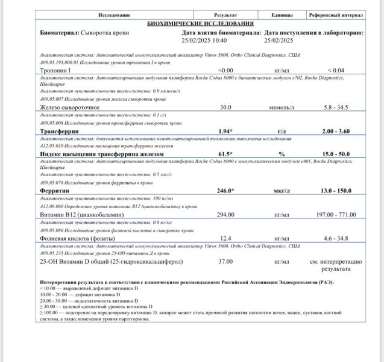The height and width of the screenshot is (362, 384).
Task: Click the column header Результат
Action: (x=225, y=15)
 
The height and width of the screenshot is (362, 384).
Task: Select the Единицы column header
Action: (x=282, y=15)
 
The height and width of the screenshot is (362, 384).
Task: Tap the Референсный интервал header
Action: (x=335, y=15)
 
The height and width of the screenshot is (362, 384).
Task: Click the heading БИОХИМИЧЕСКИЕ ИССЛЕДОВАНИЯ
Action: (x=201, y=23)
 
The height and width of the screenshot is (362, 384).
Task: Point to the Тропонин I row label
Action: (x=55, y=71)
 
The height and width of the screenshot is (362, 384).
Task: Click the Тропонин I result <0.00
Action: (x=225, y=71)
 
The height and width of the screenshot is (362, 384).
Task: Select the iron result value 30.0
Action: (x=225, y=107)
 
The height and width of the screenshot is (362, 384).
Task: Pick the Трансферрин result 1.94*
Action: (x=225, y=131)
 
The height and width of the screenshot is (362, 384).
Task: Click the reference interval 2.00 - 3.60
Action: (x=335, y=131)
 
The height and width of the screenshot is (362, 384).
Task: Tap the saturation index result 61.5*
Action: (x=225, y=154)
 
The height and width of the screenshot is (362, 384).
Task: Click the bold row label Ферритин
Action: (x=54, y=190)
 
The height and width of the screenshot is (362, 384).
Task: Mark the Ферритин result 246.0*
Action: (x=225, y=190)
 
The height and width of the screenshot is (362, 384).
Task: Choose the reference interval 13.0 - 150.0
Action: (x=335, y=190)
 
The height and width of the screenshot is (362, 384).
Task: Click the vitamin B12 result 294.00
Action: (x=225, y=214)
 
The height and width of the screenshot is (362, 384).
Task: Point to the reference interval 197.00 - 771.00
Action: (x=335, y=214)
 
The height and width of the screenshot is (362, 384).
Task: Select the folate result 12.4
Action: (x=225, y=238)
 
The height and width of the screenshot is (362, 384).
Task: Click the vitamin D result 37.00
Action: (x=225, y=262)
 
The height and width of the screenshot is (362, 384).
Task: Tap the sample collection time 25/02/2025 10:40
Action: (x=204, y=40)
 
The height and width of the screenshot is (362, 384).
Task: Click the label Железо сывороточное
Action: (x=69, y=107)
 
